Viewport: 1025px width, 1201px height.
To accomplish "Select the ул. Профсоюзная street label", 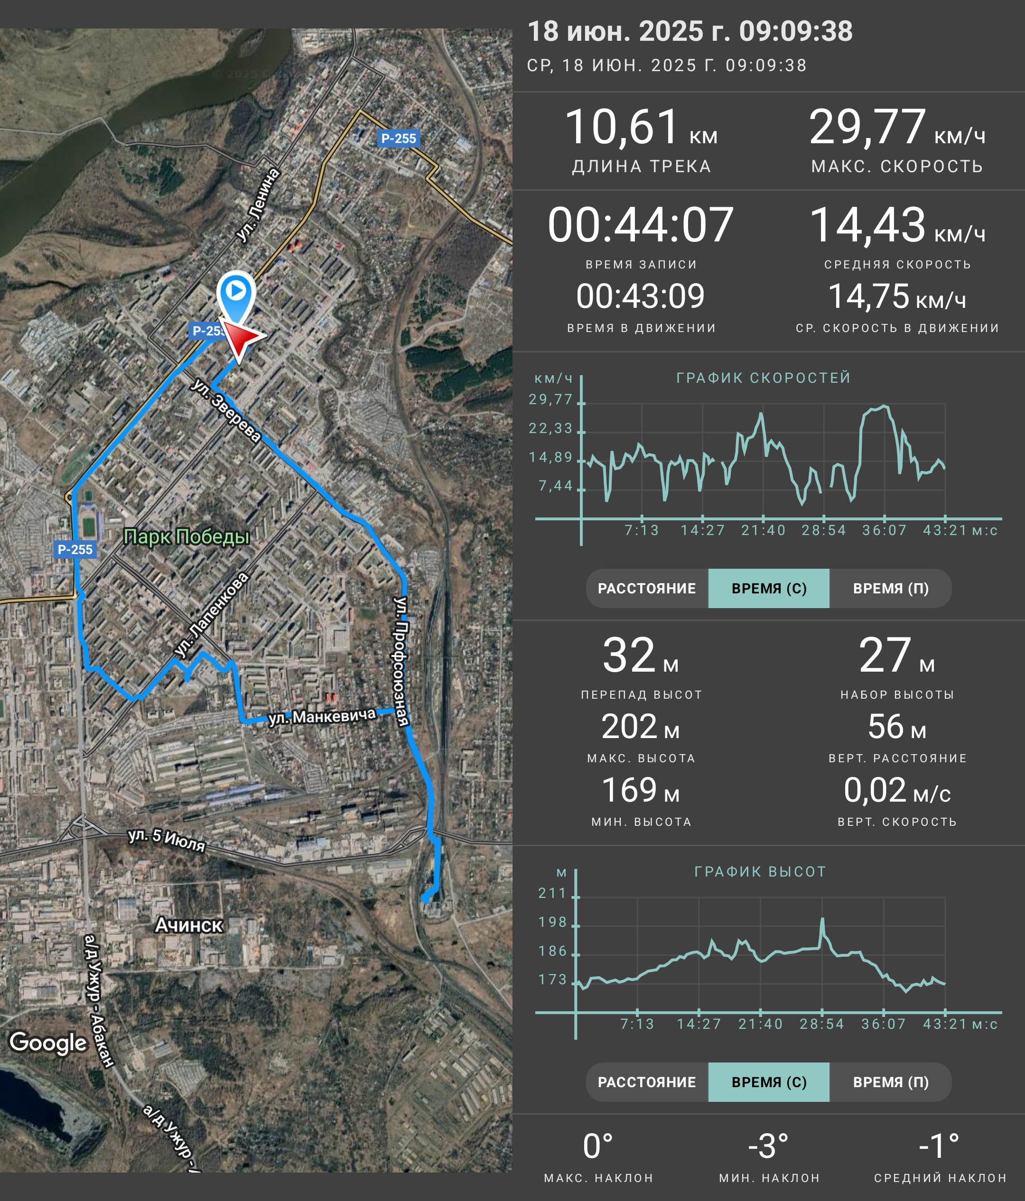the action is [402, 661].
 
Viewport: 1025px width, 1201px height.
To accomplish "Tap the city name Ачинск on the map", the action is [189, 924].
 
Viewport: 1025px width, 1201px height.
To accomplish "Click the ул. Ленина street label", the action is [259, 205].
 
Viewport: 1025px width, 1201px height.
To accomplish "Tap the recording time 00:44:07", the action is [641, 225].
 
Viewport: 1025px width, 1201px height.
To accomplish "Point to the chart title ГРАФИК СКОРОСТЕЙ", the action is [764, 378].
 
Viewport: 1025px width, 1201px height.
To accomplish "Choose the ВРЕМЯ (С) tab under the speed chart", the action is [769, 588].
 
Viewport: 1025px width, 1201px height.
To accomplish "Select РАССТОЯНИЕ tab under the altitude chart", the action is [647, 1082].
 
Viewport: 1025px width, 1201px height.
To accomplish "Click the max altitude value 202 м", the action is [641, 726].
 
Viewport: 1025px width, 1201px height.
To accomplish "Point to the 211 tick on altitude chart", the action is [552, 893].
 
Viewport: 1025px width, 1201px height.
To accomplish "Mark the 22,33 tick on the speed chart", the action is [551, 428].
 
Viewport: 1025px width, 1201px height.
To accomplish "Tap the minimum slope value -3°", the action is [768, 1146].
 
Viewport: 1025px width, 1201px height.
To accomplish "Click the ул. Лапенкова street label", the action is [212, 615].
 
